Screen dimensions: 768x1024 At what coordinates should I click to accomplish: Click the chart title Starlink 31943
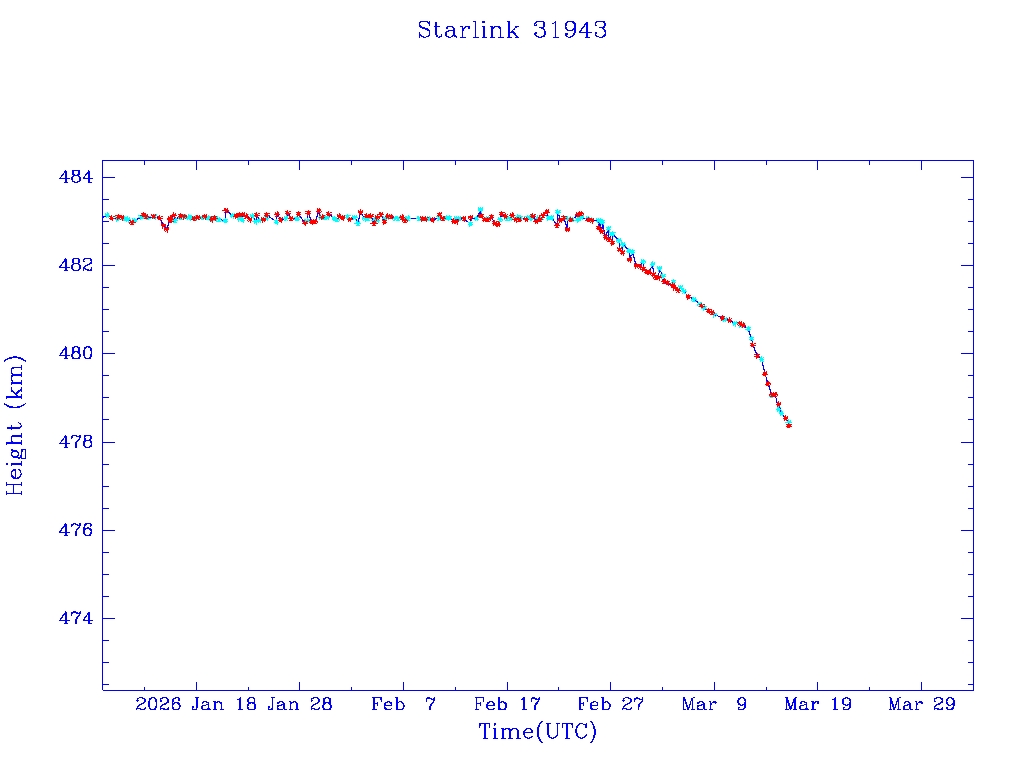512,30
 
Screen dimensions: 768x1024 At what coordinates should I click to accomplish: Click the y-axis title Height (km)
15,424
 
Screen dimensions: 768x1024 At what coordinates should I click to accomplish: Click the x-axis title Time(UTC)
537,732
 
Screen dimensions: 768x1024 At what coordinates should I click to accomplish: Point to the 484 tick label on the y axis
76,178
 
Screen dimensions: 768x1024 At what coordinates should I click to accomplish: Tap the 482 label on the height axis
76,266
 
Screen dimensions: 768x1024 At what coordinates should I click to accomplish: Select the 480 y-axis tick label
76,354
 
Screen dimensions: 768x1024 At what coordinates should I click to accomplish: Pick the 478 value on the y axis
76,442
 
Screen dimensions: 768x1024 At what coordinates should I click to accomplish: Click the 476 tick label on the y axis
76,530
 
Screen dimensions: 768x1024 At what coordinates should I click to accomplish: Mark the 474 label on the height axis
76,618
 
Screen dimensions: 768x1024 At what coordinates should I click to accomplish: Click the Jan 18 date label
226,704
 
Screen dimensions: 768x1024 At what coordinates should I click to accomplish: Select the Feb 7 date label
403,704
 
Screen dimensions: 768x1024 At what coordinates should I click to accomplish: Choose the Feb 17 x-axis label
507,704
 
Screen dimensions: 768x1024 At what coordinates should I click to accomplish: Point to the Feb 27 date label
610,704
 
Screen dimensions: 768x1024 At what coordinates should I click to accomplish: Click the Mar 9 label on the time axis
714,704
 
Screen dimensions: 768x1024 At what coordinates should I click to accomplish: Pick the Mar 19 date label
817,704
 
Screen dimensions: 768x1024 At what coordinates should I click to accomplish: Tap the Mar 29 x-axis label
921,704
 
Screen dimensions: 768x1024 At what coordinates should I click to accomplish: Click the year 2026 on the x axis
158,704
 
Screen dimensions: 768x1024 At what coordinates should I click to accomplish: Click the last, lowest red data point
789,425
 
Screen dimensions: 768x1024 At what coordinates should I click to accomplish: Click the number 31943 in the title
570,30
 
